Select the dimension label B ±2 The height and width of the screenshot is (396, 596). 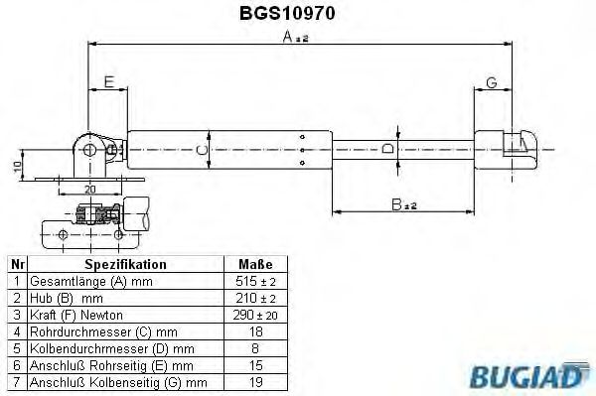(402, 204)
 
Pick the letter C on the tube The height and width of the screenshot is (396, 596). (202, 150)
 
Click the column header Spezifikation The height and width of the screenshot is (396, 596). (124, 265)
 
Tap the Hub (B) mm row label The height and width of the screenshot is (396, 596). (68, 299)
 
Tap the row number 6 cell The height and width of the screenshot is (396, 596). (16, 365)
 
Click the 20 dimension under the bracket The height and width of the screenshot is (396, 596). (90, 189)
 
